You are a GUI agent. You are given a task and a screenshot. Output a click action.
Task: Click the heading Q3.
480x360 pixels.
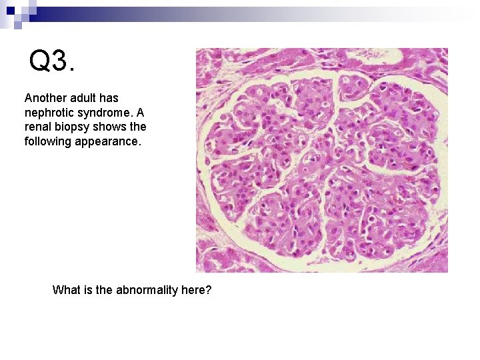point(52,61)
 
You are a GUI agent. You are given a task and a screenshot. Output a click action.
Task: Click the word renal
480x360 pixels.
point(37,127)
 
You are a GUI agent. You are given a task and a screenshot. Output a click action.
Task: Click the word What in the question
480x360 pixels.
point(66,290)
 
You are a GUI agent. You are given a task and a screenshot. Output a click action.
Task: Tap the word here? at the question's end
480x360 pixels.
point(196,290)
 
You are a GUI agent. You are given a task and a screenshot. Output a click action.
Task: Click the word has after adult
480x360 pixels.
point(109,98)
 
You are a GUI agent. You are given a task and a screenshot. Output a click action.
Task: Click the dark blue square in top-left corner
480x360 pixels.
point(10,11)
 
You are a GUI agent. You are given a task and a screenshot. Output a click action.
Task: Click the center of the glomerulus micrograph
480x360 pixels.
point(321,160)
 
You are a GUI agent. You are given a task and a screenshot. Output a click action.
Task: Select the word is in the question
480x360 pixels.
point(87,290)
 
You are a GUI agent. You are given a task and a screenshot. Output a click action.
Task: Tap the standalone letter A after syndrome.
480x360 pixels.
point(140,112)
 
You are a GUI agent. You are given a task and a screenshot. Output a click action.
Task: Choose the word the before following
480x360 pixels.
point(138,127)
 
